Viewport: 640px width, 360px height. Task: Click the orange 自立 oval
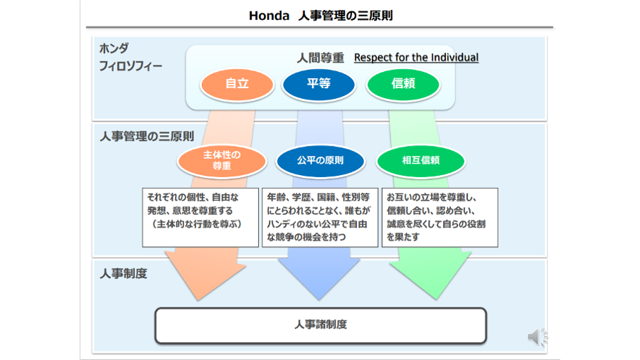pyautogui.click(x=237, y=84)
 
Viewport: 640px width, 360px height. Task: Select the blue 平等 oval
pyautogui.click(x=319, y=84)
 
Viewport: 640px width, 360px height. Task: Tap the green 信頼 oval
pyautogui.click(x=403, y=84)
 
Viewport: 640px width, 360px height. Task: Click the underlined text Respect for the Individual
pyautogui.click(x=416, y=58)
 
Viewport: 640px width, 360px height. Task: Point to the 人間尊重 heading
pyautogui.click(x=320, y=58)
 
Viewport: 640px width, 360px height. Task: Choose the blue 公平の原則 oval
pyautogui.click(x=320, y=161)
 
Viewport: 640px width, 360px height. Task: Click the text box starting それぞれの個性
pyautogui.click(x=201, y=217)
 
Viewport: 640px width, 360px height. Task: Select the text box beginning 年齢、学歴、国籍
pyautogui.click(x=319, y=217)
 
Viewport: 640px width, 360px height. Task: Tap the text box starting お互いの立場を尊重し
pyautogui.click(x=439, y=217)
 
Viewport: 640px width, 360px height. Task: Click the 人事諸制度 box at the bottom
pyautogui.click(x=321, y=325)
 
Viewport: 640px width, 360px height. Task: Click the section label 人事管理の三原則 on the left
pyautogui.click(x=146, y=136)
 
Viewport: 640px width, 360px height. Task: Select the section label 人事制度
pyautogui.click(x=124, y=273)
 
